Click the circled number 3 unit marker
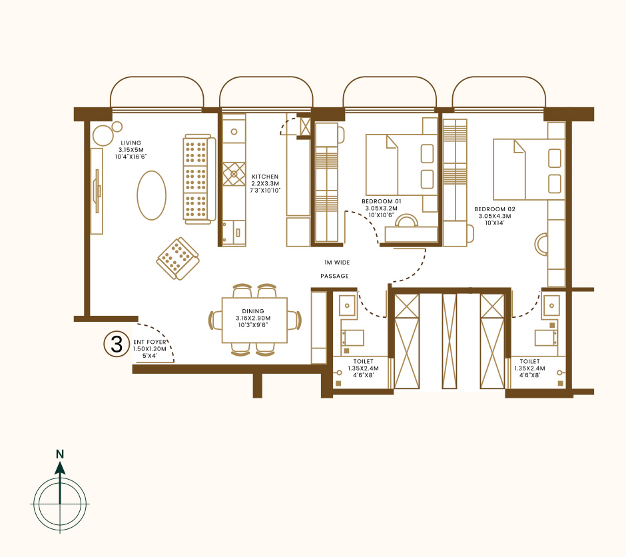[116, 344]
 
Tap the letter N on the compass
[60, 454]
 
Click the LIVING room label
[131, 143]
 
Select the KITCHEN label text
[265, 177]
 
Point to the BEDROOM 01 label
[382, 202]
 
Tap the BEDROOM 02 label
[495, 209]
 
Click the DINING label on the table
[253, 311]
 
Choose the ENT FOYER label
[150, 342]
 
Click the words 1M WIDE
[337, 263]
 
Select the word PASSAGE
[334, 276]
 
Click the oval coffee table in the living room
[151, 195]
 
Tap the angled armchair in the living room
[178, 259]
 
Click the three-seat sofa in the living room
[199, 179]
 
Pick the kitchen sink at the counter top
[234, 131]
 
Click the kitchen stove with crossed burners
[234, 174]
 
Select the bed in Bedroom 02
[529, 169]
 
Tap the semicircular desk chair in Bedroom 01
[407, 221]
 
